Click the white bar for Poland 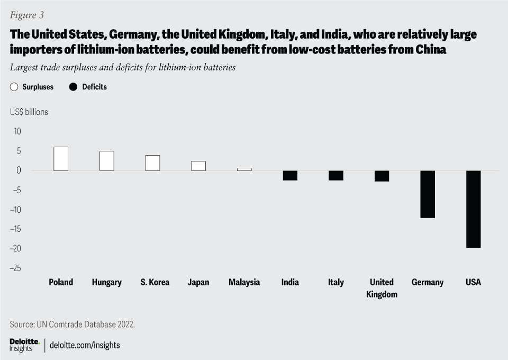pos(61,159)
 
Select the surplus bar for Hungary pos(107,161)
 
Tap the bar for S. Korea pos(152,163)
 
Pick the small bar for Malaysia pos(244,169)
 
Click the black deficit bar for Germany pos(428,194)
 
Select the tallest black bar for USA pos(473,209)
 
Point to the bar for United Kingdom pos(382,176)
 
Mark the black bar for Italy pos(336,176)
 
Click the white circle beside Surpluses pos(14,87)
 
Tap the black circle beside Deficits pos(74,87)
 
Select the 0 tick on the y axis pos(18,170)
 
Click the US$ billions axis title pos(29,112)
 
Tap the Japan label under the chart pos(198,282)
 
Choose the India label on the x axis pos(290,282)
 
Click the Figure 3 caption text pos(26,15)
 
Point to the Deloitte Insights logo pos(24,345)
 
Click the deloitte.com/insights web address pos(85,345)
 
